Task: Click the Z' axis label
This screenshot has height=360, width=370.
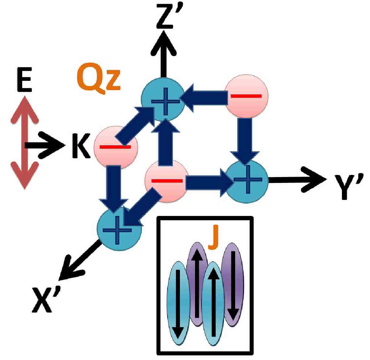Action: pos(169,18)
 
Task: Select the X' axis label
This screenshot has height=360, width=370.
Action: pos(46,299)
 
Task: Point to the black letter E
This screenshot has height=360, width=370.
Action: pos(24,80)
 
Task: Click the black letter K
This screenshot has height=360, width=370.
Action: pos(81,146)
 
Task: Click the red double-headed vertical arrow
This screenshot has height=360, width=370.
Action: pos(25,142)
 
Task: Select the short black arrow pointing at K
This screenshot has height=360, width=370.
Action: pos(45,145)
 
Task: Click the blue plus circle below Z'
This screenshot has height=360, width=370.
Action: pos(163,99)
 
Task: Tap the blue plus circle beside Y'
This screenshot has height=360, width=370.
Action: pos(247,181)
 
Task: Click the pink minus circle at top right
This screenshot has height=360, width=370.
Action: pos(246,96)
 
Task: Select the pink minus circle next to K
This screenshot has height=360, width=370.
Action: pos(116,147)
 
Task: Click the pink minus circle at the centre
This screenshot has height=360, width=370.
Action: pos(167,181)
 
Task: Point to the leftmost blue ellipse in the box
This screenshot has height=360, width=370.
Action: pos(178,303)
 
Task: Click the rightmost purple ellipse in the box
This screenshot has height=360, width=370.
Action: pos(233,284)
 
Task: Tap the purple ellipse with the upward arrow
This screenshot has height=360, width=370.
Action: pos(197,284)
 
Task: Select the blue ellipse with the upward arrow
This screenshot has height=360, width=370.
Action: pos(213,304)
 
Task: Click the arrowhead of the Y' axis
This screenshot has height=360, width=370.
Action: pos(314,179)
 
